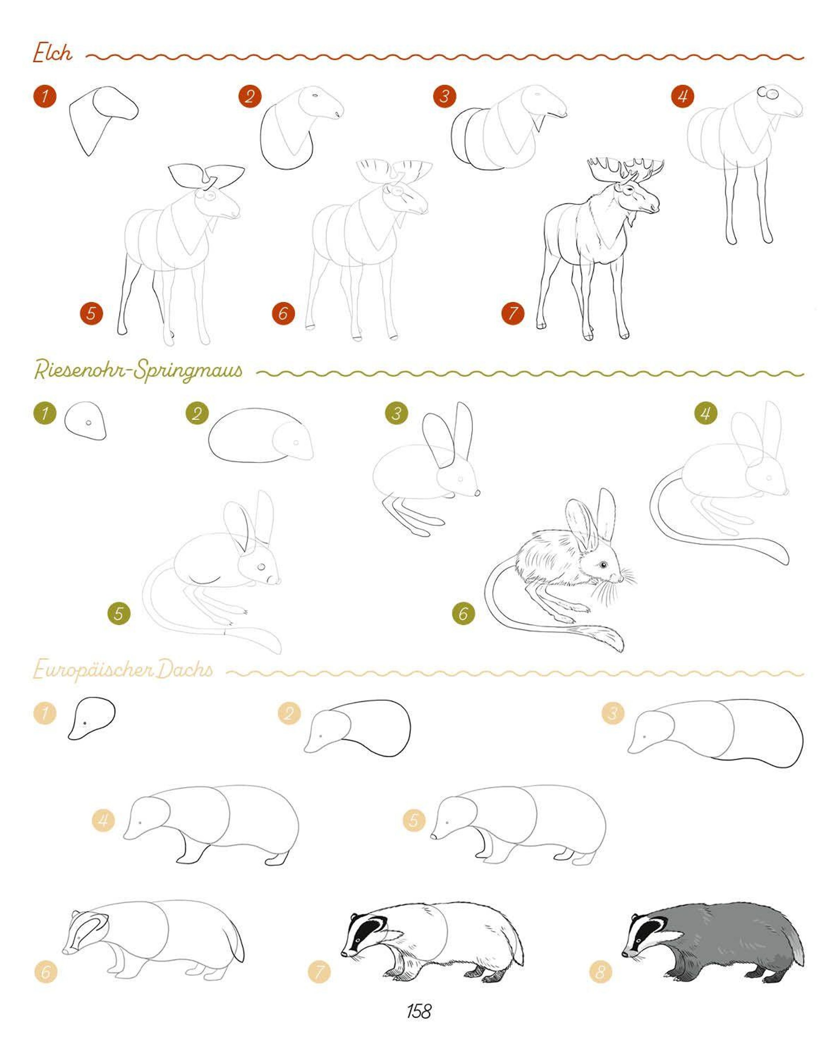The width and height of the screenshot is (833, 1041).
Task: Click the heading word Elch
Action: pos(53,53)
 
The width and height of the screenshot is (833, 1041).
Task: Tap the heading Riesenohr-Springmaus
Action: pos(138,371)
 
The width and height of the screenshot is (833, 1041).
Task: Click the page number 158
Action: pos(419,1010)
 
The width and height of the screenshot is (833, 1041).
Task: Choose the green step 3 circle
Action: pos(396,413)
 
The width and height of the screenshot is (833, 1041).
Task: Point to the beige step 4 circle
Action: pos(103,820)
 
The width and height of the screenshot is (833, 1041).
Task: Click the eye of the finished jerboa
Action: pos(603,564)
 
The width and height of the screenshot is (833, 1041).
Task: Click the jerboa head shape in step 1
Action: pos(85,421)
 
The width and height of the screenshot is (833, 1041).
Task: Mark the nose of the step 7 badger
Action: pos(344,954)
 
